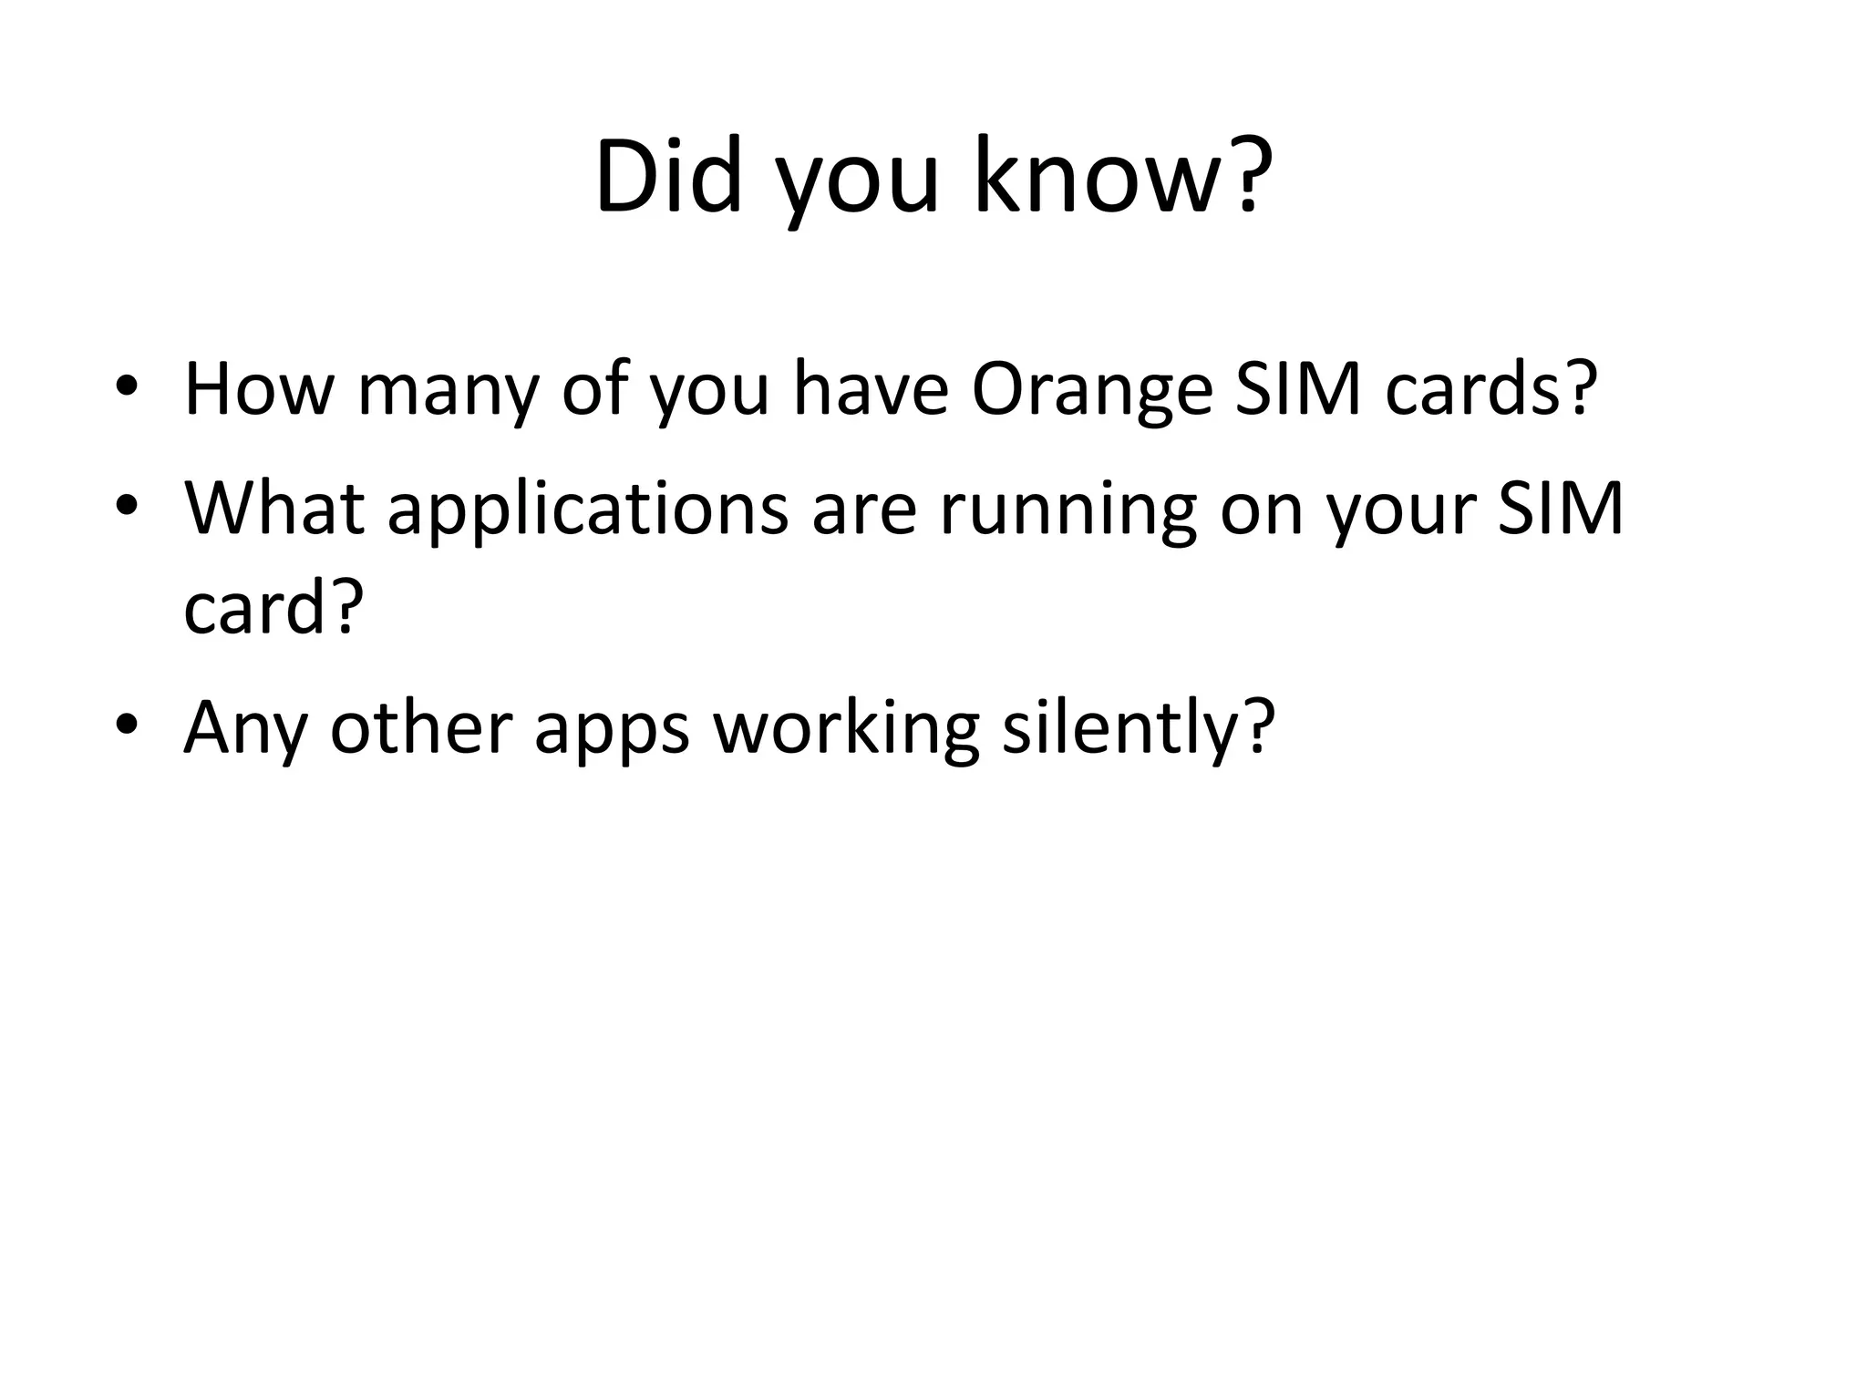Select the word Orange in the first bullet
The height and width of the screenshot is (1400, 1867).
click(1092, 389)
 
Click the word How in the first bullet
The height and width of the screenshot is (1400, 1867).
click(259, 389)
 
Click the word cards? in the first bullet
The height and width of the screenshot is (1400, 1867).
click(1491, 389)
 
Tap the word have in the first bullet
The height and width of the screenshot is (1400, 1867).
click(871, 389)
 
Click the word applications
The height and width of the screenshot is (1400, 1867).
click(588, 510)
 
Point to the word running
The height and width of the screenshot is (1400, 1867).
click(1068, 510)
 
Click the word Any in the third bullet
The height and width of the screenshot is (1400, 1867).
click(245, 729)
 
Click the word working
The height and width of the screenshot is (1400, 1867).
click(845, 729)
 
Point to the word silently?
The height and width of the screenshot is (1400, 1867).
click(1138, 729)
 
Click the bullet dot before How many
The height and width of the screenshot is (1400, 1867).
click(127, 386)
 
